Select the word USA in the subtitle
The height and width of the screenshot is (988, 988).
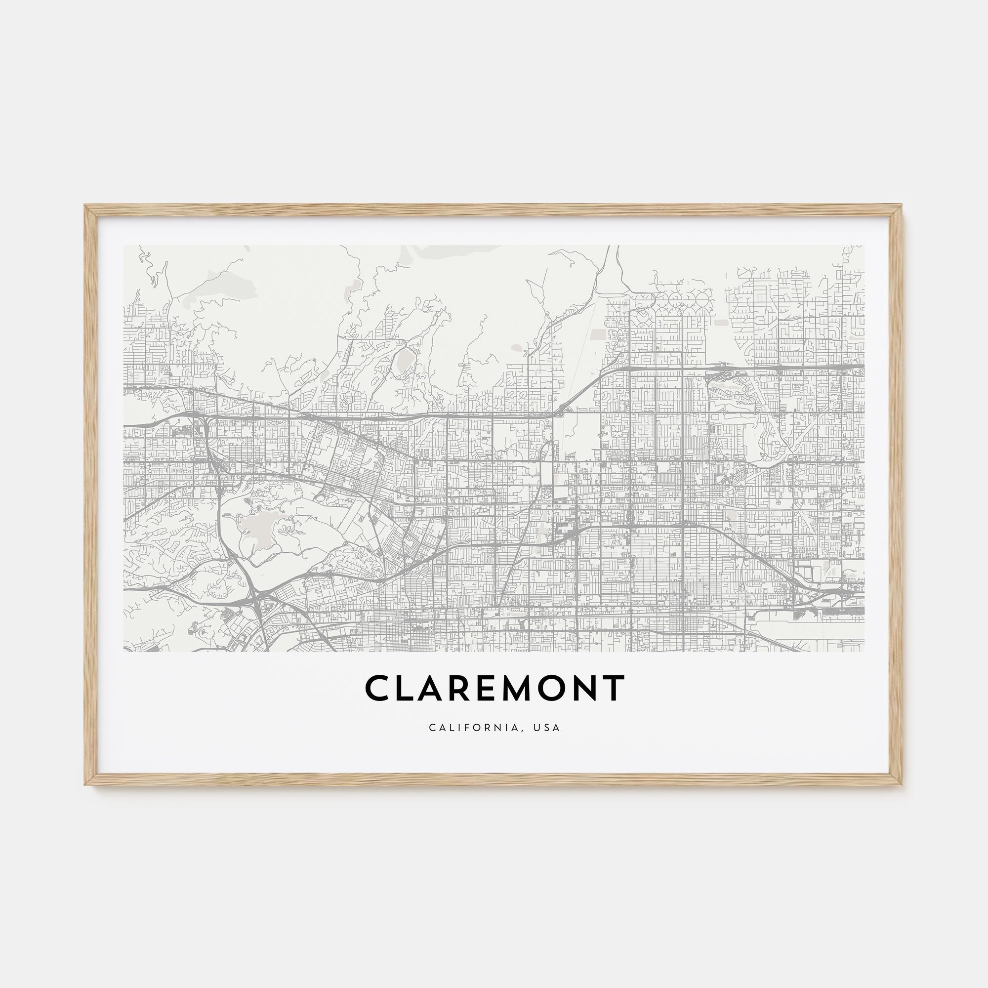(x=546, y=727)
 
